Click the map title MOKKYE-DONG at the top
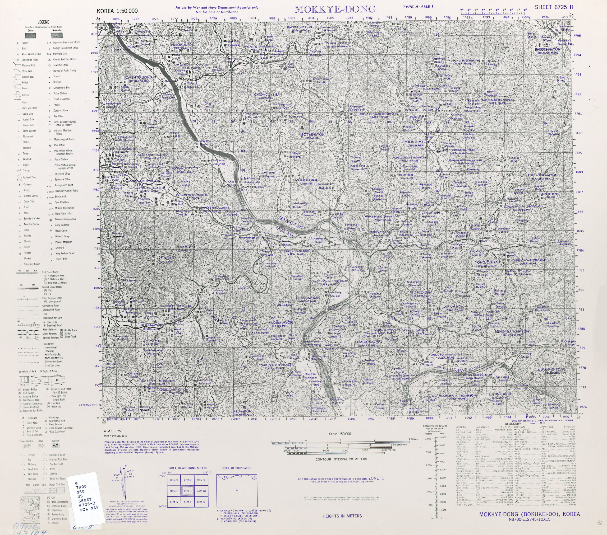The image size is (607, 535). click(x=335, y=10)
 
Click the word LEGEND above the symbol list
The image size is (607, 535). click(x=43, y=22)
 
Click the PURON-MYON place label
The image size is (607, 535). click(x=182, y=45)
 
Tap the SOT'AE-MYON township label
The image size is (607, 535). click(x=313, y=135)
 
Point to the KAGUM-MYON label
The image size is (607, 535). click(x=280, y=323)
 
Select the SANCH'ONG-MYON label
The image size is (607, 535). click(x=541, y=175)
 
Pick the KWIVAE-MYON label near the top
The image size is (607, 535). click(x=299, y=27)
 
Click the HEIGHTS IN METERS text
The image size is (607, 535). click(x=342, y=516)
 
